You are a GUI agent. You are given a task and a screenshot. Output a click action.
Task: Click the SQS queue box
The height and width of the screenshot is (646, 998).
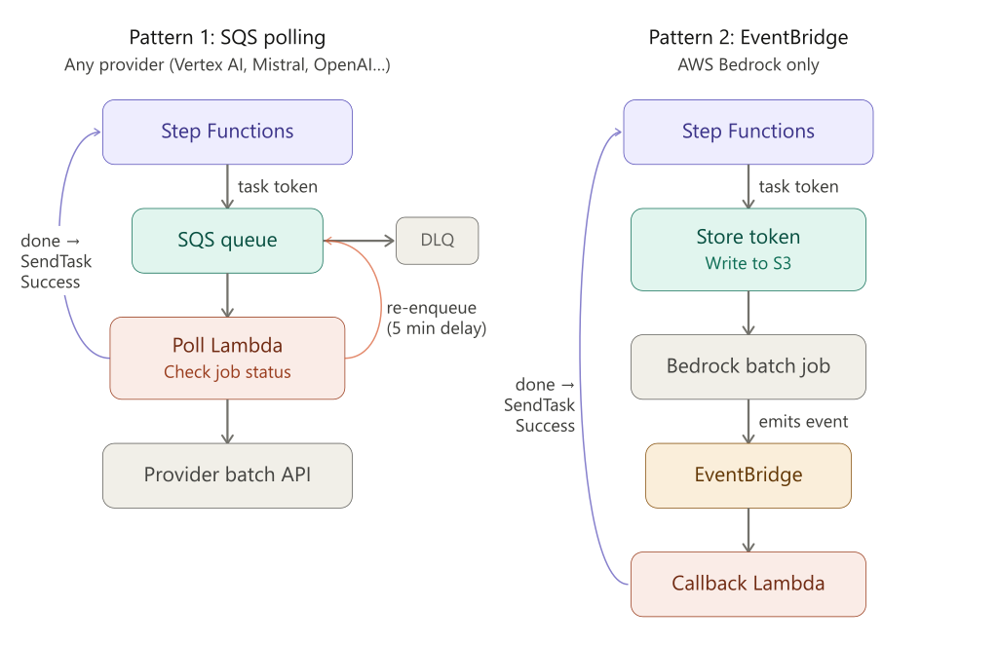[x=227, y=240]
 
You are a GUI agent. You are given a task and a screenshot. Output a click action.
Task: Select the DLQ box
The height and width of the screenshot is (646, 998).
[x=438, y=240]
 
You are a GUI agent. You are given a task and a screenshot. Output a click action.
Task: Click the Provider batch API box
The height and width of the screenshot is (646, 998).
[x=227, y=475]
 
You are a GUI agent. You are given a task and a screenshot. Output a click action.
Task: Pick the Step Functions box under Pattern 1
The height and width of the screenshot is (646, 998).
[x=227, y=132]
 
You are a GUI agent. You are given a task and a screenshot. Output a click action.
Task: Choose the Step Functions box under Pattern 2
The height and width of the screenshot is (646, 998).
[x=748, y=132]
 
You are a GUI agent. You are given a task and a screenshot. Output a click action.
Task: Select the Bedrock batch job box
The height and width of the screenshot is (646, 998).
[x=748, y=366]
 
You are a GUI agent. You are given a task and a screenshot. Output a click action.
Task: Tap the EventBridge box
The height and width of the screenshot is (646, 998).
[x=748, y=475]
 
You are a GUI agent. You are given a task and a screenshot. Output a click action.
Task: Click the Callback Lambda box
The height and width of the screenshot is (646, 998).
[x=748, y=584]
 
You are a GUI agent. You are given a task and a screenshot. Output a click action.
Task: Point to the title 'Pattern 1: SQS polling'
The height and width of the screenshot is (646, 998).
[x=227, y=38]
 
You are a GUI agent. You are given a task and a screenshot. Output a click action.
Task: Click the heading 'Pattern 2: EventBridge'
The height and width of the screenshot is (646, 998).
[x=748, y=38]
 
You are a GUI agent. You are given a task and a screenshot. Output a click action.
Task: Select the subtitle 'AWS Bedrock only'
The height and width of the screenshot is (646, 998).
[x=748, y=65]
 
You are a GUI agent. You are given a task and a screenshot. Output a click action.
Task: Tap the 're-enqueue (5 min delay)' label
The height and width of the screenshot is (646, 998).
[x=436, y=318]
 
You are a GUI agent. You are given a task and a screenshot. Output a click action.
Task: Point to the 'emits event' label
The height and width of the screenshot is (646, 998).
[x=803, y=422]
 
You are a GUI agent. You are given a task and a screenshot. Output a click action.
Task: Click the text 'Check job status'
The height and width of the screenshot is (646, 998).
[x=227, y=371]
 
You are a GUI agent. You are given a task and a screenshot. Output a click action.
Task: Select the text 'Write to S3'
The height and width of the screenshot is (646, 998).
[x=748, y=263]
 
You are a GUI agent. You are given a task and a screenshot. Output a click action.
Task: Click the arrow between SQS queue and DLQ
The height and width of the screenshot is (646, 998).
[x=360, y=240]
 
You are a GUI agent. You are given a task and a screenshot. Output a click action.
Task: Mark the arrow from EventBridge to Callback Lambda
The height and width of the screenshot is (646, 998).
[x=748, y=529]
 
